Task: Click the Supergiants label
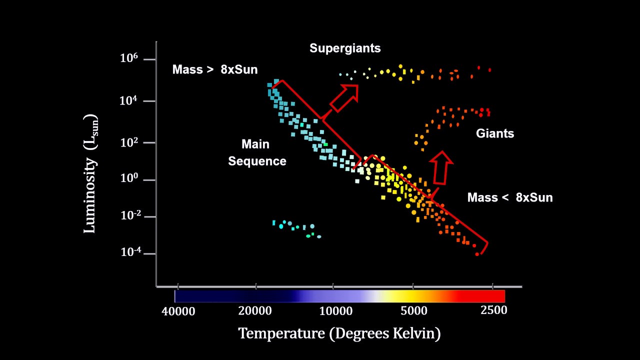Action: [x=345, y=48]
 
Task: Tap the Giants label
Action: [x=494, y=133]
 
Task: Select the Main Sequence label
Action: [x=257, y=153]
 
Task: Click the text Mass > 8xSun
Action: [x=215, y=69]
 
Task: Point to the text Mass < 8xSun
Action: [x=510, y=197]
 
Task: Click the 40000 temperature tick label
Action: [x=178, y=311]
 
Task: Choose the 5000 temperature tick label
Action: [x=414, y=311]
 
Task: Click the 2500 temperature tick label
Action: [x=493, y=310]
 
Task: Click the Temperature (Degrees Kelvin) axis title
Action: [x=339, y=333]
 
